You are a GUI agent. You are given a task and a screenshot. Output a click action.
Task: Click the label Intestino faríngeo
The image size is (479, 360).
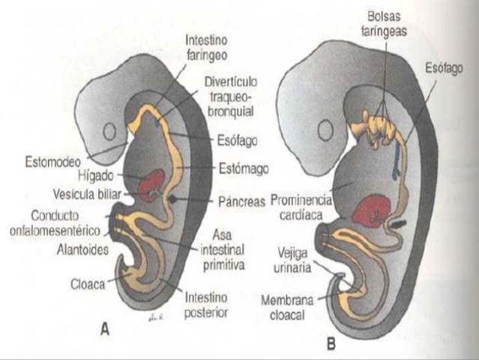click(207, 48)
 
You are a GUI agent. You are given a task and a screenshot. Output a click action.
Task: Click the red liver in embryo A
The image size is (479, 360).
click(155, 181)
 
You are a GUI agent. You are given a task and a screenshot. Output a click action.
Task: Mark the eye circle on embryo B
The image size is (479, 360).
click(325, 131)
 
